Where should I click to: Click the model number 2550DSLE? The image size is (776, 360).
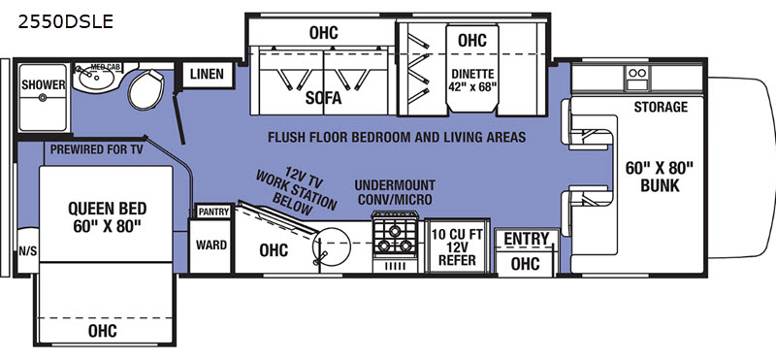coord(65,21)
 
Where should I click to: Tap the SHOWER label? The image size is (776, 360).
coord(43,84)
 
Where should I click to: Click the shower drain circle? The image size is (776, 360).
coord(43,98)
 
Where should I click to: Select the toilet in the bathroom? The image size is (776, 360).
coord(146,89)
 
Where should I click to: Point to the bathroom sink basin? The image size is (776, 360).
coord(95,78)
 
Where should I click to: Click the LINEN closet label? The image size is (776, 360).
coord(207,75)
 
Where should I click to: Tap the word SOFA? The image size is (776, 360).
coord(323,98)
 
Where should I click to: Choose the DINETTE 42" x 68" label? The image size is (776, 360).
coord(472,81)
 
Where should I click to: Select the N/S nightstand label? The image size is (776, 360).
coord(28,251)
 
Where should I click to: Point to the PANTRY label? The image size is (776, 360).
coord(213,212)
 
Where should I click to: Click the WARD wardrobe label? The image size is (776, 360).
coord(211,245)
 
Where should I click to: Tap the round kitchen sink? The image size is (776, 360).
coord(332,244)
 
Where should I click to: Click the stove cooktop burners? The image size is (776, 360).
coord(395,238)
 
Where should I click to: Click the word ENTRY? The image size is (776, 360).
coord(527,239)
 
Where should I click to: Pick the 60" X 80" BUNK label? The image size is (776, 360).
coord(660,177)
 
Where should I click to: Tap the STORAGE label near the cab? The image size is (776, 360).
coord(661,107)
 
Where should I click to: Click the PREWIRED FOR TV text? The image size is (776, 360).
coord(96,149)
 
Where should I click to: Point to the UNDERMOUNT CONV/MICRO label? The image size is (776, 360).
coord(395,192)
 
